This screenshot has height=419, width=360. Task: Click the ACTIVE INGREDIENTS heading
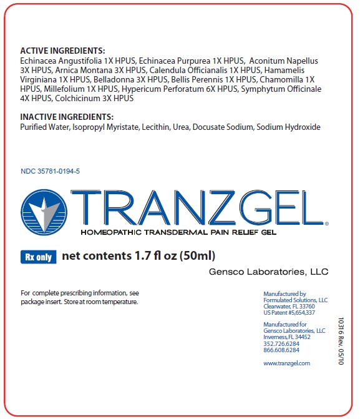[x=62, y=51]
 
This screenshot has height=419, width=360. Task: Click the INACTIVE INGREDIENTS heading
[x=67, y=117]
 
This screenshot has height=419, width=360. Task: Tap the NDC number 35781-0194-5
[x=50, y=170]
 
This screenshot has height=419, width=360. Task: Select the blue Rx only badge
[x=38, y=256]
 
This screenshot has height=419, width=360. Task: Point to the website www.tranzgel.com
[x=286, y=363]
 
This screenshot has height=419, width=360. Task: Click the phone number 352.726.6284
[x=281, y=343]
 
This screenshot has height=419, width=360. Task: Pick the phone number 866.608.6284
[x=281, y=350]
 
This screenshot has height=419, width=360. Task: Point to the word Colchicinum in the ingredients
[x=77, y=98]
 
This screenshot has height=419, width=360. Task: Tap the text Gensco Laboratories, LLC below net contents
[x=268, y=272]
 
